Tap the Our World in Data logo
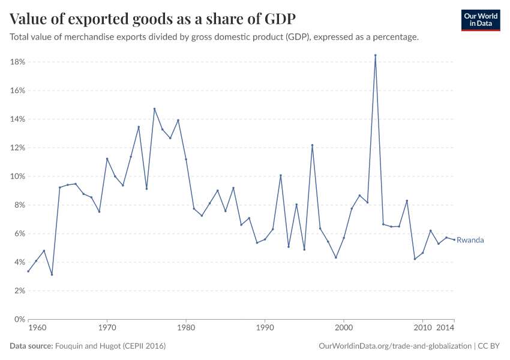(x=481, y=20)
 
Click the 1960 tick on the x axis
(x=37, y=328)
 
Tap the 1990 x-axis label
(x=265, y=328)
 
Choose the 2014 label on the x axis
(x=445, y=328)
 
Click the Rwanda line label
(x=470, y=240)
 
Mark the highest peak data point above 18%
(x=375, y=55)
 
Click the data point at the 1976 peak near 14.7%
(x=154, y=109)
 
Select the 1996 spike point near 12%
(x=312, y=145)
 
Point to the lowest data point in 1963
(x=52, y=275)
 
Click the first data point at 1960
(x=28, y=271)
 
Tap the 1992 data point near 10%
(x=281, y=175)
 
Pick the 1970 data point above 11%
(x=107, y=159)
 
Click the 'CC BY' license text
(x=489, y=346)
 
